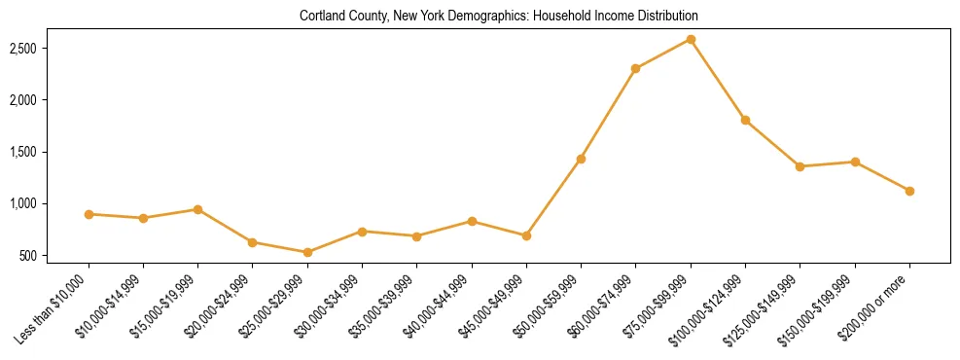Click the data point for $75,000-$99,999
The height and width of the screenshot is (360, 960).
(x=691, y=39)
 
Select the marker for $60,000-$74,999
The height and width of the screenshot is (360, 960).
(x=635, y=68)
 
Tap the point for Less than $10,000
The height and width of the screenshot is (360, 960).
(x=89, y=214)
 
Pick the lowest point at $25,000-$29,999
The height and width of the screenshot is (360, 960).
(x=307, y=252)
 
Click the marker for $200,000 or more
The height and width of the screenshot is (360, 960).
(x=909, y=191)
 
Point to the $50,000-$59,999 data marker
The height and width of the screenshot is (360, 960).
(x=581, y=159)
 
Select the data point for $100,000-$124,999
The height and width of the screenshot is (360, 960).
(x=745, y=120)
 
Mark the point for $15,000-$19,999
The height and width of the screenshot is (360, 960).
(x=197, y=209)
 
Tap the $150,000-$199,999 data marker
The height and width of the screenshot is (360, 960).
(x=855, y=162)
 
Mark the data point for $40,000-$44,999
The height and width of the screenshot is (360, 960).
(x=472, y=221)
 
